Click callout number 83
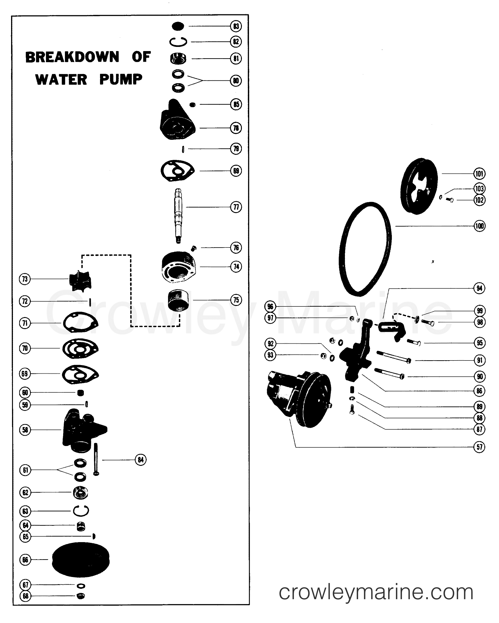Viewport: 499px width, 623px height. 236,26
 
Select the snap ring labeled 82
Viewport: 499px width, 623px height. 178,42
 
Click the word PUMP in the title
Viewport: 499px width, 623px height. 121,79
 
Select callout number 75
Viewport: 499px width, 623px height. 236,300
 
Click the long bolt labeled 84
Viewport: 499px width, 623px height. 96,459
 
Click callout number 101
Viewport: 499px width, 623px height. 479,174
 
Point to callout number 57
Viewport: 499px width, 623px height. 479,447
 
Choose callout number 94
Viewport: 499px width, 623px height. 479,288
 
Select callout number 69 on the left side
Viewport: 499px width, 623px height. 25,374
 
